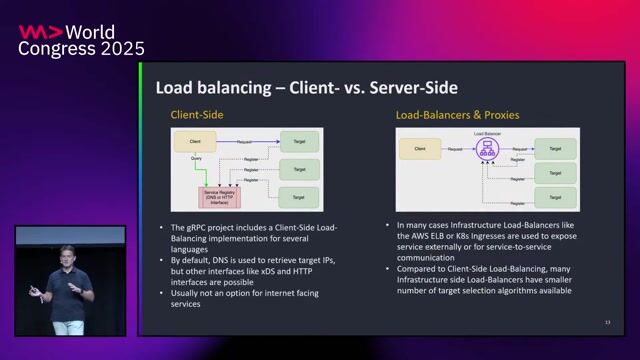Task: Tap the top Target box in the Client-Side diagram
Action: [299, 142]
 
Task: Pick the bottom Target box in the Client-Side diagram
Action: [299, 195]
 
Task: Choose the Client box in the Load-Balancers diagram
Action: [419, 149]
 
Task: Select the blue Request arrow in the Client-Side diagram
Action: [245, 142]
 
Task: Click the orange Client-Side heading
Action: [194, 115]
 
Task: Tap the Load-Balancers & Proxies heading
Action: [457, 115]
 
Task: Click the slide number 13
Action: [607, 322]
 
